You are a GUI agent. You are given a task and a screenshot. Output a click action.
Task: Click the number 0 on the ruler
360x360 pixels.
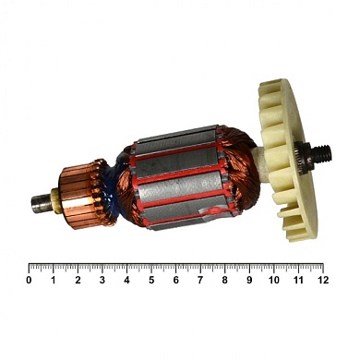pyautogui.click(x=29, y=279)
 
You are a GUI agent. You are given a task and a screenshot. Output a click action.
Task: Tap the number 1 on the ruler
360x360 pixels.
pyautogui.click(x=53, y=279)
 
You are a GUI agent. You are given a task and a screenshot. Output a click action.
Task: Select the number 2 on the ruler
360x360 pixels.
pyautogui.click(x=78, y=279)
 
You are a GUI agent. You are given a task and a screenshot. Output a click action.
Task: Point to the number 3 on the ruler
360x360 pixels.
pyautogui.click(x=102, y=279)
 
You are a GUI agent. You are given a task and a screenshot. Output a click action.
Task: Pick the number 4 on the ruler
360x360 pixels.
pyautogui.click(x=126, y=279)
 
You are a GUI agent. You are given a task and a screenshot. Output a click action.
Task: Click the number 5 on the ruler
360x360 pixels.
pyautogui.click(x=150, y=279)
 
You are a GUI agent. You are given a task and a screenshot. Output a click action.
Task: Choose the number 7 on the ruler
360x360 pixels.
pyautogui.click(x=199, y=279)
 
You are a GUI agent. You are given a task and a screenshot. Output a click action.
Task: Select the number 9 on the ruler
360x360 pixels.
pyautogui.click(x=248, y=279)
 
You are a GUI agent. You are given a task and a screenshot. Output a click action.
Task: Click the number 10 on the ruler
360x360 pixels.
pyautogui.click(x=272, y=279)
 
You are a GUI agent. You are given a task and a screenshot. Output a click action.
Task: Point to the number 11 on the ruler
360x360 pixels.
pyautogui.click(x=297, y=279)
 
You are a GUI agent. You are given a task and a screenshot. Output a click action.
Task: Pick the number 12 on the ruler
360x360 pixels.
pyautogui.click(x=321, y=279)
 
